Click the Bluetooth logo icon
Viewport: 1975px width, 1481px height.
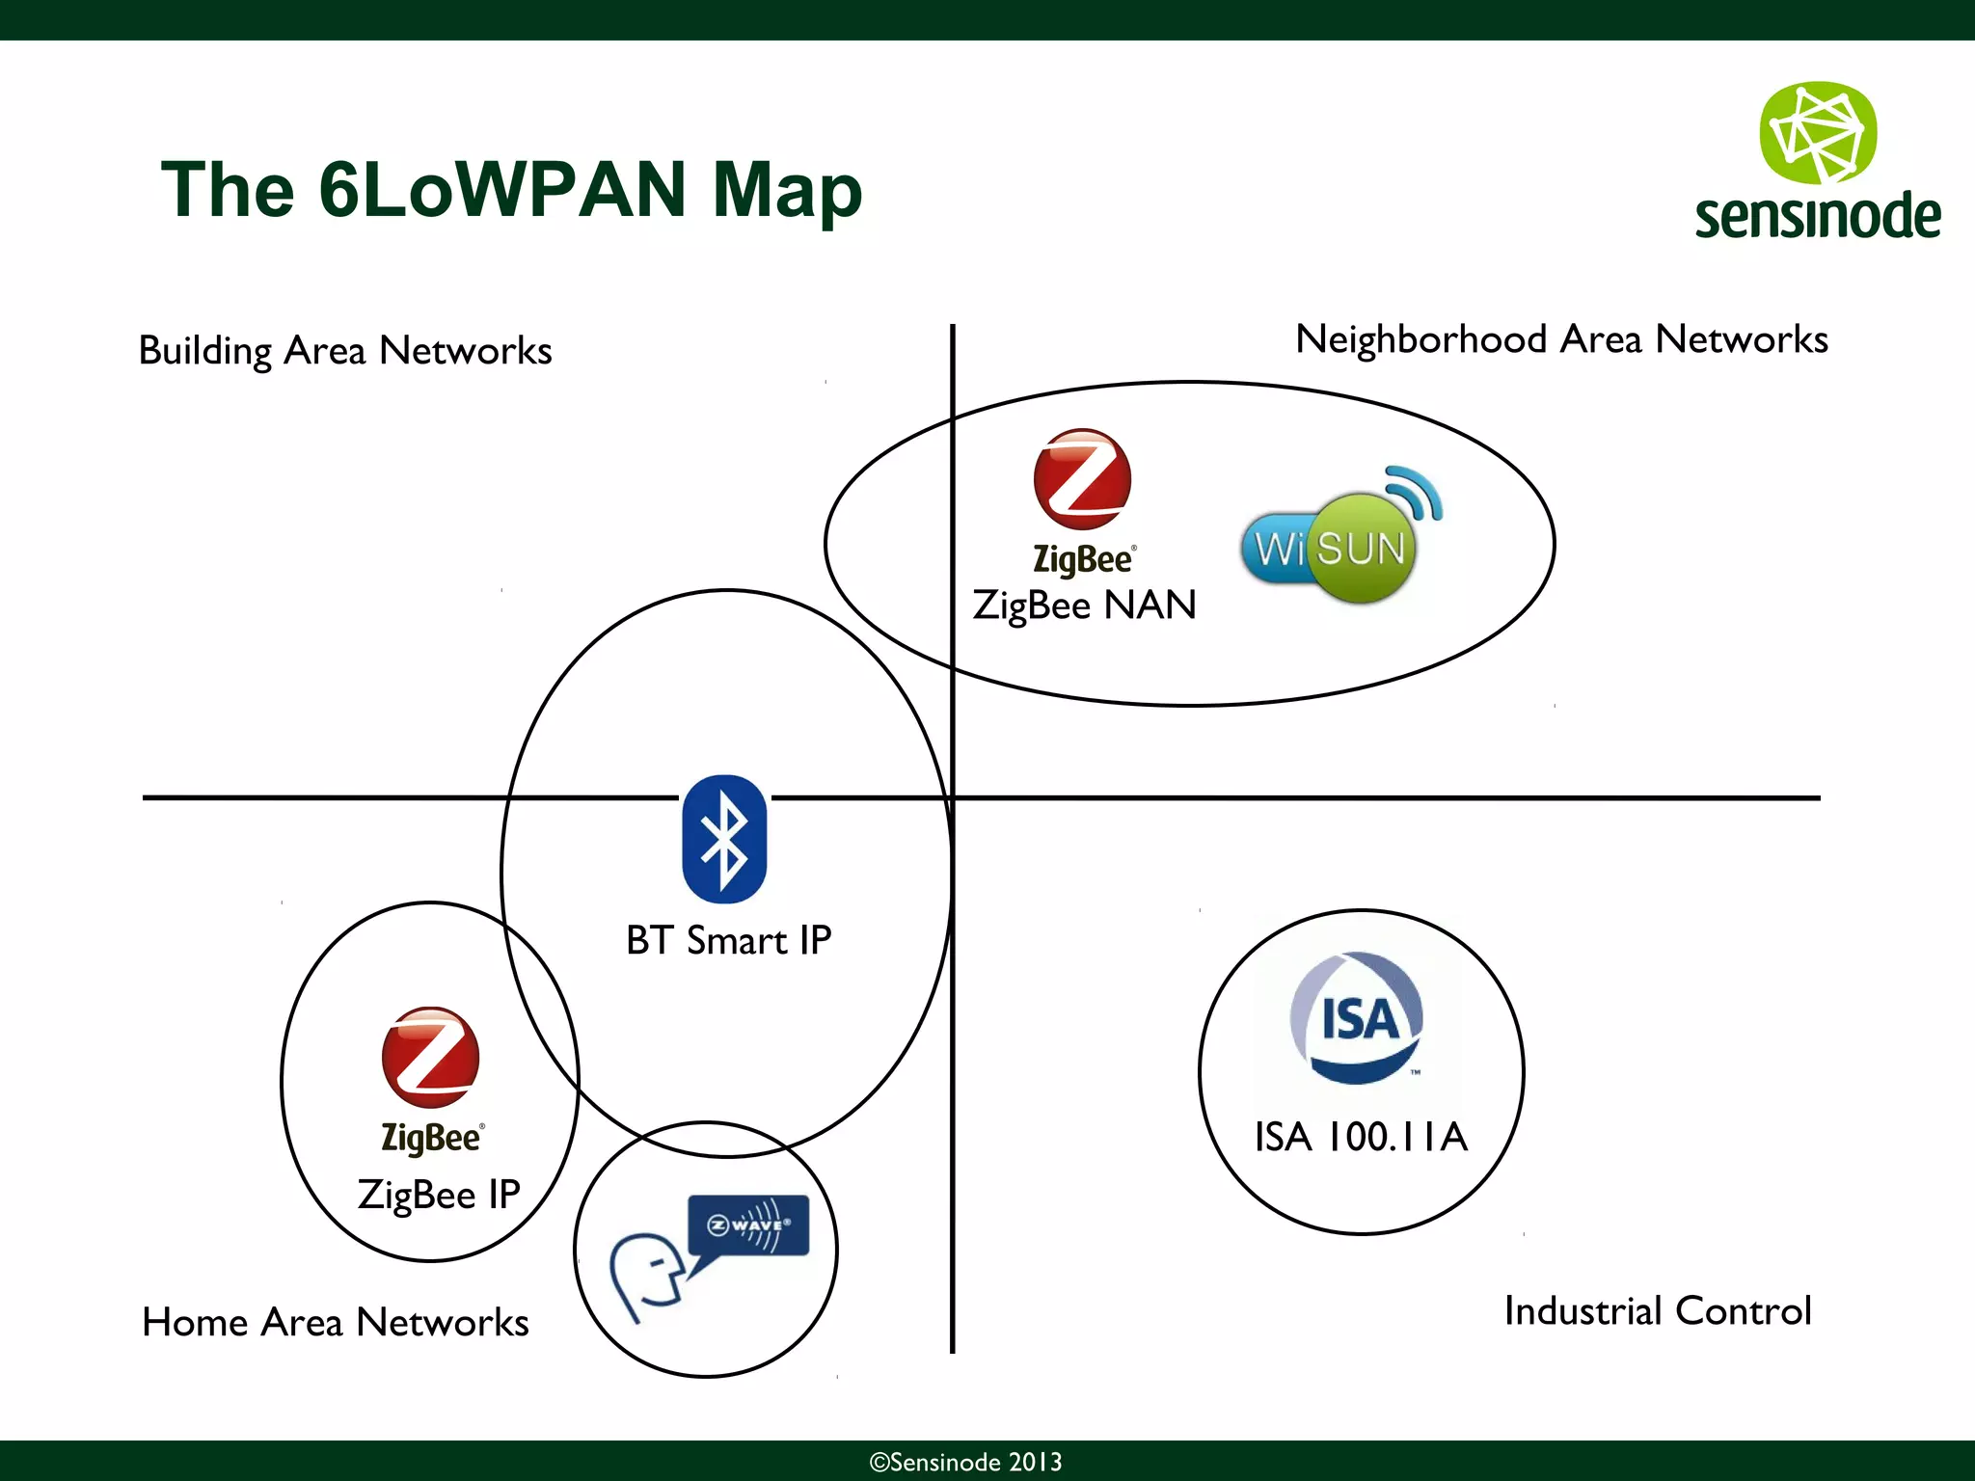(724, 839)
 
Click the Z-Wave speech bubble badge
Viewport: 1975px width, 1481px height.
(748, 1225)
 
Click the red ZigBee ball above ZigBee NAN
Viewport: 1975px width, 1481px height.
(1082, 479)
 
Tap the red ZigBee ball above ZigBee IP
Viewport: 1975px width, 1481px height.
(430, 1057)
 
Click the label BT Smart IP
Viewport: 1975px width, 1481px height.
(728, 940)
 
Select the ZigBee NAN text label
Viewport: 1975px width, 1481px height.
(1084, 606)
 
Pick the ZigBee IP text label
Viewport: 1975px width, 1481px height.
(439, 1195)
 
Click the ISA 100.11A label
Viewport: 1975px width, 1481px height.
(1361, 1137)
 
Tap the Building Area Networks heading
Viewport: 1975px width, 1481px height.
(345, 351)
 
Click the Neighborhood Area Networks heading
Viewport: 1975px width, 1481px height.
(1560, 339)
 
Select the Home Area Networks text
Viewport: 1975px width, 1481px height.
(335, 1322)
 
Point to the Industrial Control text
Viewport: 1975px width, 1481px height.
(1657, 1311)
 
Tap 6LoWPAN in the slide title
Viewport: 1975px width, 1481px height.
(501, 189)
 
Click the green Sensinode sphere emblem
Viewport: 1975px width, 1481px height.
(1818, 133)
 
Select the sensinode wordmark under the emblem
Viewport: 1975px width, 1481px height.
(1818, 216)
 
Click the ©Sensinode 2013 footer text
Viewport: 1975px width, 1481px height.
(965, 1462)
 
